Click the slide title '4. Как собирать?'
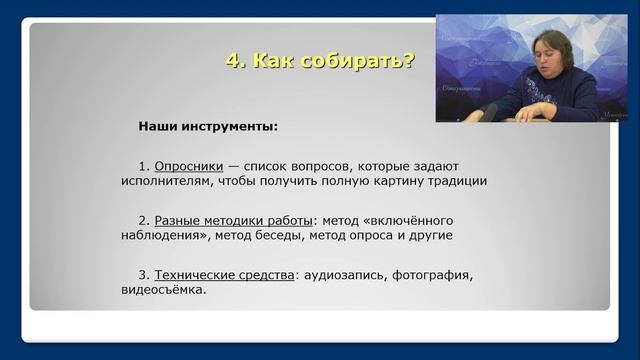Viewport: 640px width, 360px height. tap(320, 61)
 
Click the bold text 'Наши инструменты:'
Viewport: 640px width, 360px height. tap(208, 127)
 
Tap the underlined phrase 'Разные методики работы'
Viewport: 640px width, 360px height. tap(232, 219)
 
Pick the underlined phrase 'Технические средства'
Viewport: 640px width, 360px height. tap(224, 274)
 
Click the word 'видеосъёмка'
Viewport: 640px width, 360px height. tap(163, 290)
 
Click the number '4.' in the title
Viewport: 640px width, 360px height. tap(235, 61)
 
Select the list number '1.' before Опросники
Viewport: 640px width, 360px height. tap(144, 164)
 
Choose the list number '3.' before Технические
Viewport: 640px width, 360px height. tap(144, 274)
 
